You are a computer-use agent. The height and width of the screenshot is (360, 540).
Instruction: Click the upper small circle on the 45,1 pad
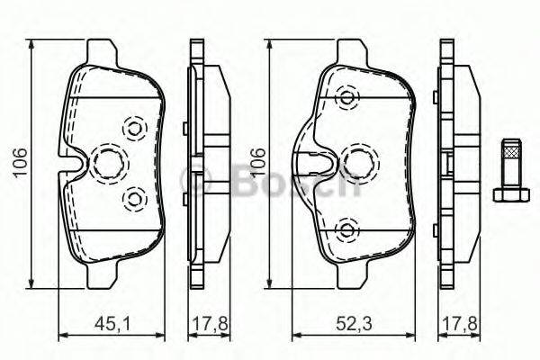[136, 128]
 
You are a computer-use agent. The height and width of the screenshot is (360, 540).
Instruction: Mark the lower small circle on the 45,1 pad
[136, 197]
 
